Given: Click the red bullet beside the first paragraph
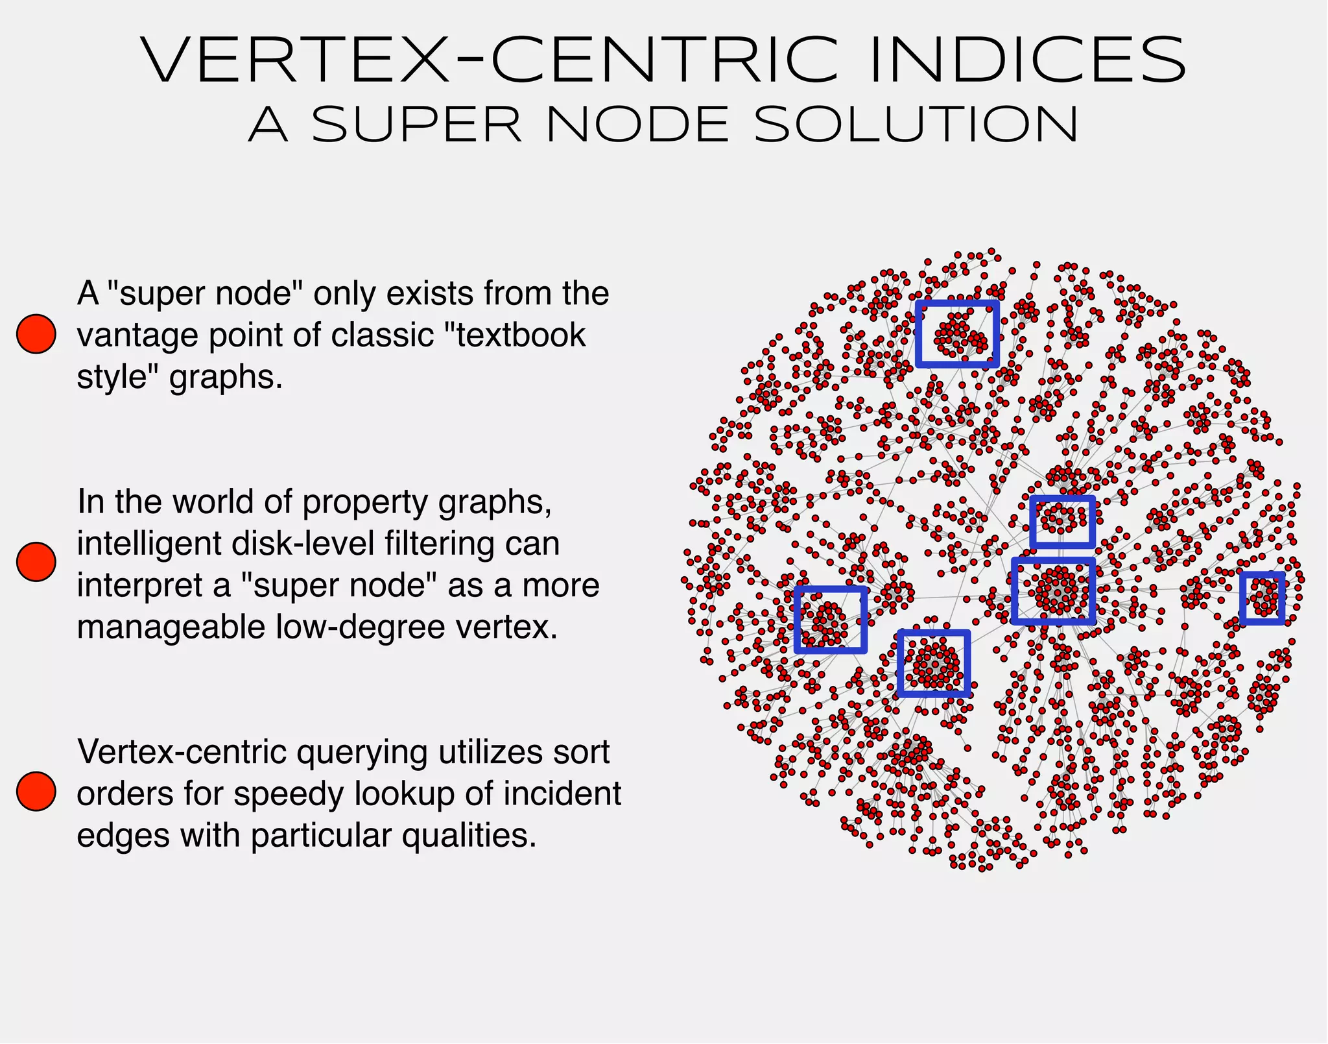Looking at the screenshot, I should [36, 334].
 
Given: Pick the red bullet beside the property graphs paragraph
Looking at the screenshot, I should [36, 562].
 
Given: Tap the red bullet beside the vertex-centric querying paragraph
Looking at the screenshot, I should [36, 791].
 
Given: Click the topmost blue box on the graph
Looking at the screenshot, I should [957, 334].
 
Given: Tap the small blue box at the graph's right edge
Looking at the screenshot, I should [1262, 598].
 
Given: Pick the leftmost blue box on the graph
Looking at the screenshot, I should [831, 620].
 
